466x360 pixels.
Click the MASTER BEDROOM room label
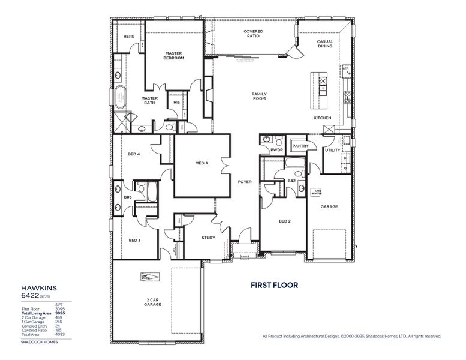coord(174,56)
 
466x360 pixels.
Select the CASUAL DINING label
coord(325,44)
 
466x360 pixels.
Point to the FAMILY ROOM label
coord(259,96)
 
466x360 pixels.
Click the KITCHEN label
coord(322,118)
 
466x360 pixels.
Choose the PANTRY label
coord(299,146)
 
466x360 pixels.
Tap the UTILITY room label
coord(332,150)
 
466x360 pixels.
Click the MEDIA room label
coord(202,163)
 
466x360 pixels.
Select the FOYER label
coord(245,181)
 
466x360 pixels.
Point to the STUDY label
coord(208,238)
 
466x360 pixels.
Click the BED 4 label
coord(134,154)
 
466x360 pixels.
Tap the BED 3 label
coord(134,240)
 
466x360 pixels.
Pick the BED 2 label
coord(284,221)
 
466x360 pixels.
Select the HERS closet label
coord(128,37)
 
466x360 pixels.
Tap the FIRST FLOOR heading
coord(274,286)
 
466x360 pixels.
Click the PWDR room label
coord(276,150)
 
